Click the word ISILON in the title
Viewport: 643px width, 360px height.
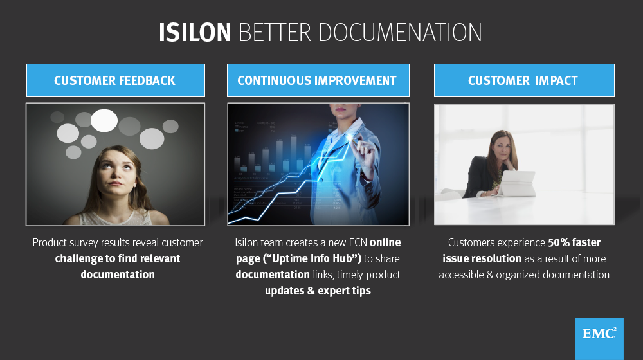[x=195, y=33]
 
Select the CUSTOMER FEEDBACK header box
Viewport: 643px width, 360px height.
[x=115, y=80]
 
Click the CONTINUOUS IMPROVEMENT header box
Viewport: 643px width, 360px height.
[x=317, y=80]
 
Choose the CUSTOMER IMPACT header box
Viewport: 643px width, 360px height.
[x=523, y=80]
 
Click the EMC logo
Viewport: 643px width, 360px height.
[x=599, y=335]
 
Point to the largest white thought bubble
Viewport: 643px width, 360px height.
[x=104, y=120]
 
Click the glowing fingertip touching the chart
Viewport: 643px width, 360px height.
[x=350, y=136]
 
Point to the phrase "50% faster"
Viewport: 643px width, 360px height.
[x=574, y=242]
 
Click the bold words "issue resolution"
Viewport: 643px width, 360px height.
[x=482, y=258]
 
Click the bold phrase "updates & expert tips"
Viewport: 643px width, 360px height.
[x=318, y=291]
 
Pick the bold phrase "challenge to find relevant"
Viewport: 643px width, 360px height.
[x=118, y=258]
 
